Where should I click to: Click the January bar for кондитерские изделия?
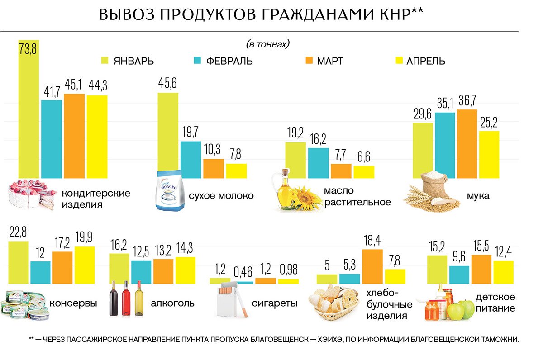coord(29,109)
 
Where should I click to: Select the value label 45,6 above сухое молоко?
coord(167,85)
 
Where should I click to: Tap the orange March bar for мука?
coord(467,144)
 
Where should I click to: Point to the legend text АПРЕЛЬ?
coord(425,61)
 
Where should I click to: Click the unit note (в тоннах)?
coord(267,44)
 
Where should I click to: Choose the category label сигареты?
coord(275,303)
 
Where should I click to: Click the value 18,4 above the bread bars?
coord(372,241)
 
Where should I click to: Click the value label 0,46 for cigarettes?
coord(243,272)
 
